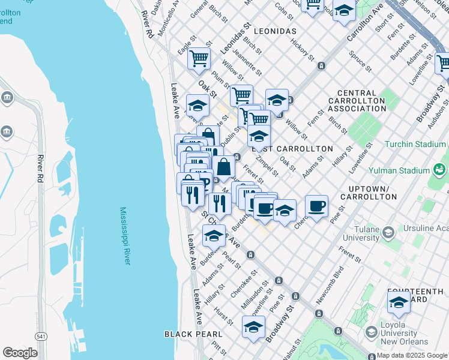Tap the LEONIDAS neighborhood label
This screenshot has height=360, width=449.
point(275,31)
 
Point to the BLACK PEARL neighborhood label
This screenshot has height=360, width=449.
point(193,334)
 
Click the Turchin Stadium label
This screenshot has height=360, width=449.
point(416,145)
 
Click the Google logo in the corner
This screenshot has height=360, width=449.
point(20,353)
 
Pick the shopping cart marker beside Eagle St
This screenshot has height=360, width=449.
point(199,59)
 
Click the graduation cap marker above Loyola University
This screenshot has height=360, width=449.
point(399,304)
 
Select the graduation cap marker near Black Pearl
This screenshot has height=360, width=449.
point(254,327)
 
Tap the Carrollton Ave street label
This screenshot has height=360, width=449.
point(366,23)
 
